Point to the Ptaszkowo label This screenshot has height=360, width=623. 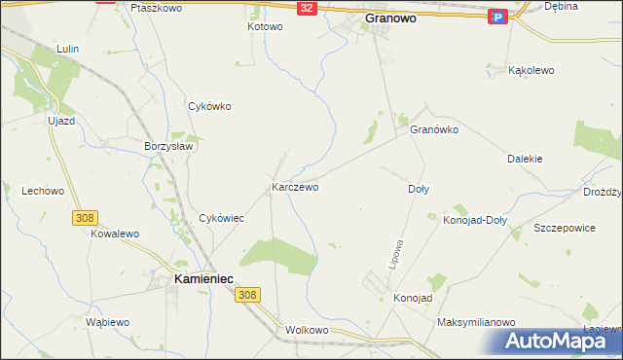156,7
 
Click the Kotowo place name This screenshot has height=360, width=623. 265,27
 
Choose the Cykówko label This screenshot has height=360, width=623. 209,107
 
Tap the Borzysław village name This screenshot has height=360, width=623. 170,146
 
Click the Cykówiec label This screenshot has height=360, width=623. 221,219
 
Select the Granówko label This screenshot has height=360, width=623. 434,129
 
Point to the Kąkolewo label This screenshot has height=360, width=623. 532,71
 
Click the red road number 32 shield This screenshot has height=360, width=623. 307,8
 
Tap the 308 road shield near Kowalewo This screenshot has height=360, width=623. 83,219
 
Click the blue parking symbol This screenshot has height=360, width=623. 497,17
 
